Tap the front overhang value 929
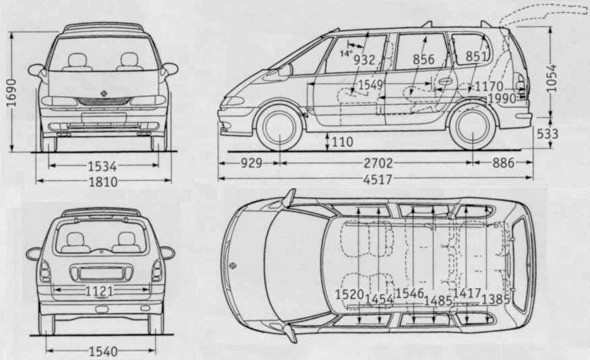[250, 162]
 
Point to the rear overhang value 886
[503, 162]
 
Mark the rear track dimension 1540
[102, 351]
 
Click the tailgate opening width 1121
[99, 291]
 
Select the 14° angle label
[347, 53]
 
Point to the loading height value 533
[548, 133]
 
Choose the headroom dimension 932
[364, 59]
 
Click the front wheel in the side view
[278, 129]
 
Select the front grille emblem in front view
[104, 92]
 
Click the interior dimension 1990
[503, 98]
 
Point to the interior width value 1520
[349, 294]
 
